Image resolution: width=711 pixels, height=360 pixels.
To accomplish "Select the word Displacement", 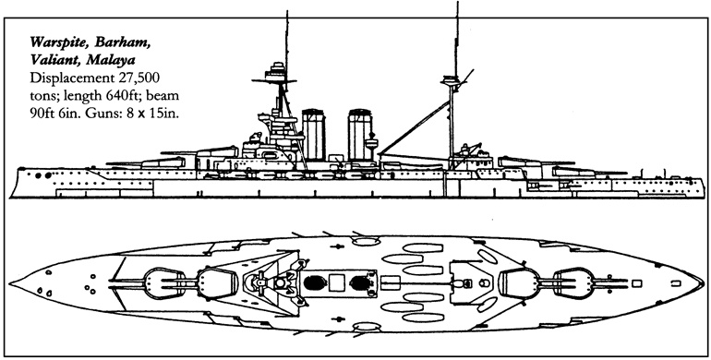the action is coord(71,78).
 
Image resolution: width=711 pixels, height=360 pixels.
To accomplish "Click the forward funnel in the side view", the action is coord(313,135).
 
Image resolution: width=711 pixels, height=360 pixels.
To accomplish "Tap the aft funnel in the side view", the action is coord(360,135).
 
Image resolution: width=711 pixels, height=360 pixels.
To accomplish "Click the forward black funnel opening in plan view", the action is coord(313,282).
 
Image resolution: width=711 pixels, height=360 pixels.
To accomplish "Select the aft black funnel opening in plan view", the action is coord(360,282).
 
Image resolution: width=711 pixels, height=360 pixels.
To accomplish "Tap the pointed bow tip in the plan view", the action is coord(9,283).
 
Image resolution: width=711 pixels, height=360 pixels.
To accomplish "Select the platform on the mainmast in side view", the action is coord(450,81).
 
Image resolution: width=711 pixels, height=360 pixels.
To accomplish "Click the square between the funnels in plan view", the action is coord(336,282).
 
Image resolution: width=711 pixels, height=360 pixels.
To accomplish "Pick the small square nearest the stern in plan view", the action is coord(676,283).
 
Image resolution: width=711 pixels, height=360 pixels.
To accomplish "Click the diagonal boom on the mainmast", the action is coord(415,127).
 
